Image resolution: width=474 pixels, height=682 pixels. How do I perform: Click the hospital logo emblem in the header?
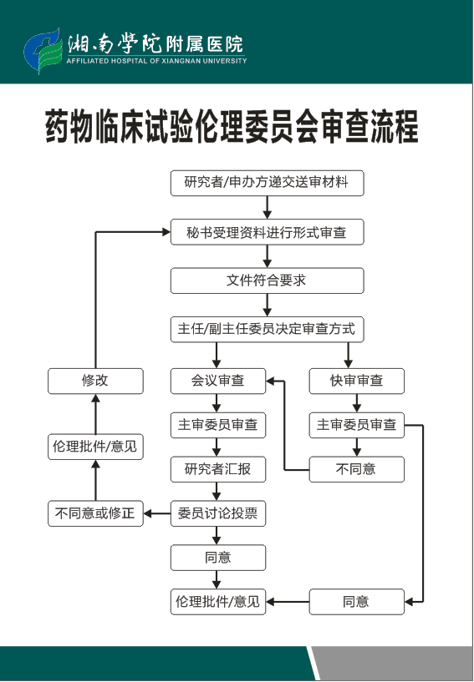[x=43, y=51]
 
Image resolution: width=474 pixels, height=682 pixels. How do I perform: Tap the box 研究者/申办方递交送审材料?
[x=267, y=183]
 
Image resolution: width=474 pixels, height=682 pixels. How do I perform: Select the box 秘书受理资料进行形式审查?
[x=267, y=232]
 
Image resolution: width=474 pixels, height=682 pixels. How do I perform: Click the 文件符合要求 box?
[x=267, y=280]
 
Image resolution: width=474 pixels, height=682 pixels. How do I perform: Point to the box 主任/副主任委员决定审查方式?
[x=267, y=329]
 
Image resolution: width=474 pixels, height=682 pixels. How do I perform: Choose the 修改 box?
[x=95, y=381]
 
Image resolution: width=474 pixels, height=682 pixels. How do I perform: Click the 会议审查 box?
[x=218, y=381]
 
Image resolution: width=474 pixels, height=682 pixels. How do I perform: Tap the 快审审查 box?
[x=357, y=381]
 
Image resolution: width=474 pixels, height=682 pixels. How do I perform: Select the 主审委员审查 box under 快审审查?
[x=357, y=425]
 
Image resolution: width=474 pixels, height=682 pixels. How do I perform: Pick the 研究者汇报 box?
[x=218, y=469]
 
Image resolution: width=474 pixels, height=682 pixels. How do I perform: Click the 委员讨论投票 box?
[x=218, y=513]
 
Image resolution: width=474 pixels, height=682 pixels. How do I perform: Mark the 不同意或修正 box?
[x=95, y=513]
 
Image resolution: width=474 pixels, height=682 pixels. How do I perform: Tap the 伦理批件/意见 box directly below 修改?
[x=95, y=447]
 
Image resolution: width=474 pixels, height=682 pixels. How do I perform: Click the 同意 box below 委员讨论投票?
[x=218, y=558]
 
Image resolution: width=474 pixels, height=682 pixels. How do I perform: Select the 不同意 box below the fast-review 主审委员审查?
[x=357, y=469]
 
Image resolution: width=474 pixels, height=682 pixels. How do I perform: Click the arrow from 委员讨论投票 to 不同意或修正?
[x=157, y=513]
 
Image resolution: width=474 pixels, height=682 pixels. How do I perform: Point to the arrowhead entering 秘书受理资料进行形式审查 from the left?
[x=166, y=232]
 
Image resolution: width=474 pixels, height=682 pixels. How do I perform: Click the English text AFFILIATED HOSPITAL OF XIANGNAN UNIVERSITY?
[x=157, y=61]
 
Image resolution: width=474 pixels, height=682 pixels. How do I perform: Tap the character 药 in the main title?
[x=58, y=127]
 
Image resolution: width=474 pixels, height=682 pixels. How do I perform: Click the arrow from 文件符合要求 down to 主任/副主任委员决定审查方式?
[x=267, y=305]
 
